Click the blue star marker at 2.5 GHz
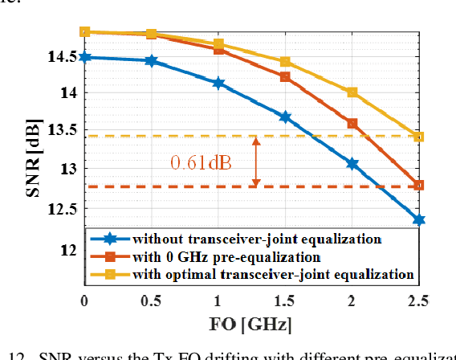pyautogui.click(x=418, y=219)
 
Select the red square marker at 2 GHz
pyautogui.click(x=352, y=124)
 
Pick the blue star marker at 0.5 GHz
pyautogui.click(x=151, y=60)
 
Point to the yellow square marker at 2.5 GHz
pyautogui.click(x=418, y=137)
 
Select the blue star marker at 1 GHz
pyautogui.click(x=218, y=83)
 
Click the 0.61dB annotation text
pyautogui.click(x=201, y=163)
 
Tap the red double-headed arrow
pyautogui.click(x=256, y=162)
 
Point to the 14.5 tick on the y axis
pyautogui.click(x=63, y=57)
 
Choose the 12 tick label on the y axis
pyautogui.click(x=69, y=250)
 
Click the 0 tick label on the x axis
pyautogui.click(x=84, y=301)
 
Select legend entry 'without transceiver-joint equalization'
pyautogui.click(x=257, y=239)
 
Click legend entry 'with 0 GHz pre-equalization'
pyautogui.click(x=227, y=256)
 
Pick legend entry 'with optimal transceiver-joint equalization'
pyautogui.click(x=273, y=274)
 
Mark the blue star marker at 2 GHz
pyautogui.click(x=352, y=163)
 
